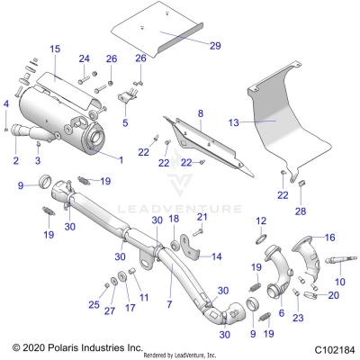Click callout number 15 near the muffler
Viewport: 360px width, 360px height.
[x=54, y=48]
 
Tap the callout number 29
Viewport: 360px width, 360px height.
[x=214, y=44]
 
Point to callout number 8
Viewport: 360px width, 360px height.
[x=201, y=114]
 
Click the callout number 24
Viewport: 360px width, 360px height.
[x=85, y=59]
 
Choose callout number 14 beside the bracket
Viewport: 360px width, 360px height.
[x=216, y=256]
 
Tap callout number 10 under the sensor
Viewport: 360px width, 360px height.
[x=339, y=283]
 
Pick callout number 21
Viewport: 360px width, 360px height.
[x=202, y=217]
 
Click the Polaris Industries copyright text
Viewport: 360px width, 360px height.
[x=65, y=346]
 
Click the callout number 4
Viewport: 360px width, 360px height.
[x=6, y=103]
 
